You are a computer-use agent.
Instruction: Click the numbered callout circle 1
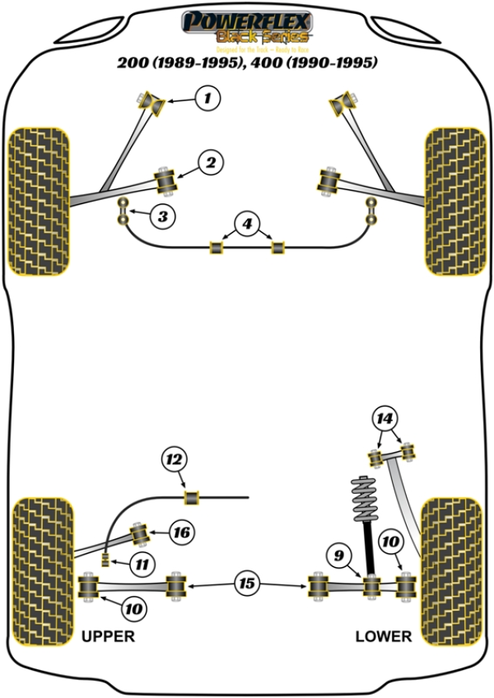[207, 100]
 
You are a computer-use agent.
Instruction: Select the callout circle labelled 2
[211, 164]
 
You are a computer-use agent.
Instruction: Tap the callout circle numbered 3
[163, 217]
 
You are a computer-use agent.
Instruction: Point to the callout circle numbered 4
[245, 222]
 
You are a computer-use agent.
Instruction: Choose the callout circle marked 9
[336, 556]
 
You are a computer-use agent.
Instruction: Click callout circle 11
[142, 565]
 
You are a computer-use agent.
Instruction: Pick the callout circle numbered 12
[175, 459]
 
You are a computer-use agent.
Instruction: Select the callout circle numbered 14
[385, 419]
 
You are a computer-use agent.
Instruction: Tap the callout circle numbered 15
[245, 584]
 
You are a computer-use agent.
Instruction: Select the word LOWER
[383, 636]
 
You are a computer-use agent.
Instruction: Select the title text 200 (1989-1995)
[178, 63]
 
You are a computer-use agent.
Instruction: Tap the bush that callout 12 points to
[193, 497]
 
